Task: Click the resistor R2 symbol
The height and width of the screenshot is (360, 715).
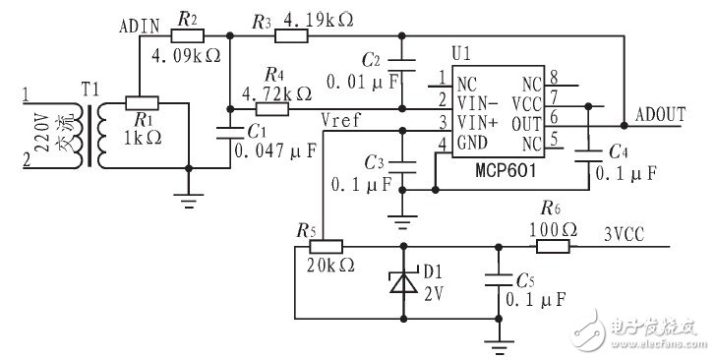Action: click(186, 35)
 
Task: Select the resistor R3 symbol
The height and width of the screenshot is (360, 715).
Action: click(292, 35)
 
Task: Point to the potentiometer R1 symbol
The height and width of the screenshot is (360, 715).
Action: click(144, 102)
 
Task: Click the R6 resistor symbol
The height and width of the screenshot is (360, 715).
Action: click(552, 245)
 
